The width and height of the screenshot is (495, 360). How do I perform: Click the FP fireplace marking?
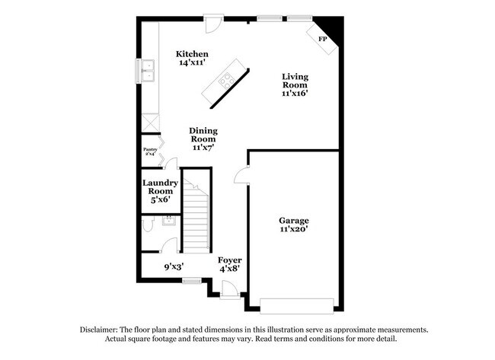pos(322,39)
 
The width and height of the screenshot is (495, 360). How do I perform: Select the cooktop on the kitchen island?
pos(225,78)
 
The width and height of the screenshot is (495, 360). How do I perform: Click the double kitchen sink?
pos(147,73)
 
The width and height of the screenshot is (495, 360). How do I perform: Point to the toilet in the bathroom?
pos(149,226)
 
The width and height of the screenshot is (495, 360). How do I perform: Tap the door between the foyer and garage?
pos(241,177)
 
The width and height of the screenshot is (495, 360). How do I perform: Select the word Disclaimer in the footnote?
pos(103,330)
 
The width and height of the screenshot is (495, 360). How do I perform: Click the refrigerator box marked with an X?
pos(149,123)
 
